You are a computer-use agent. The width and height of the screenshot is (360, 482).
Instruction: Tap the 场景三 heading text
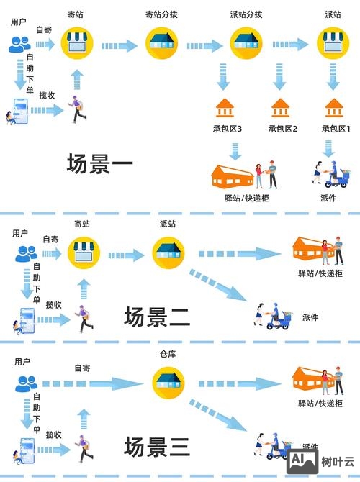[x=157, y=446]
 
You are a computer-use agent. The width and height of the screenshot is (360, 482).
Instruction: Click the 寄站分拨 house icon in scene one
[x=163, y=44]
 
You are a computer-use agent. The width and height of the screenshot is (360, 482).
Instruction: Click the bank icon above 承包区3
[x=225, y=107]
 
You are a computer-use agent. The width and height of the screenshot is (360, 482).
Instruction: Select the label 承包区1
[x=335, y=129]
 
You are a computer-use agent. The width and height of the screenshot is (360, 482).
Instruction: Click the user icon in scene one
[x=21, y=44]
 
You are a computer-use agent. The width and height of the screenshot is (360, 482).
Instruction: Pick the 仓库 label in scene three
[x=167, y=355]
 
